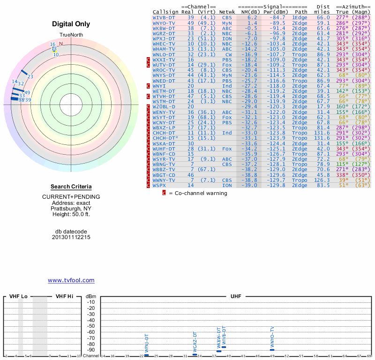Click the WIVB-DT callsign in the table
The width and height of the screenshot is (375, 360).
click(x=164, y=17)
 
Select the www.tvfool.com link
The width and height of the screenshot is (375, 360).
click(x=71, y=280)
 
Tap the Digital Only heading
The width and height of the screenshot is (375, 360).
click(x=71, y=24)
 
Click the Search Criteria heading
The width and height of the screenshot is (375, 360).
click(x=71, y=187)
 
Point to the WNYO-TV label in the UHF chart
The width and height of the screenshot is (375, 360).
click(x=272, y=338)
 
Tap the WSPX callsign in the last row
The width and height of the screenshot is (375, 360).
click(x=159, y=186)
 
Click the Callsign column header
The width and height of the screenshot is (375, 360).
click(x=166, y=12)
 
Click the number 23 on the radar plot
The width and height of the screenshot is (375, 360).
click(x=30, y=76)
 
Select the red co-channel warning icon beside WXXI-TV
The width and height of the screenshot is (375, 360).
click(x=149, y=60)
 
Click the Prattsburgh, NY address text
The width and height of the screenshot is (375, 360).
click(x=71, y=209)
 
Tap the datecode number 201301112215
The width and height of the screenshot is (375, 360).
click(x=71, y=237)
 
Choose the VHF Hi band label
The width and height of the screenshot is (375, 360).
click(x=64, y=296)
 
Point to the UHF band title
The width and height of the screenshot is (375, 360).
click(x=236, y=296)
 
